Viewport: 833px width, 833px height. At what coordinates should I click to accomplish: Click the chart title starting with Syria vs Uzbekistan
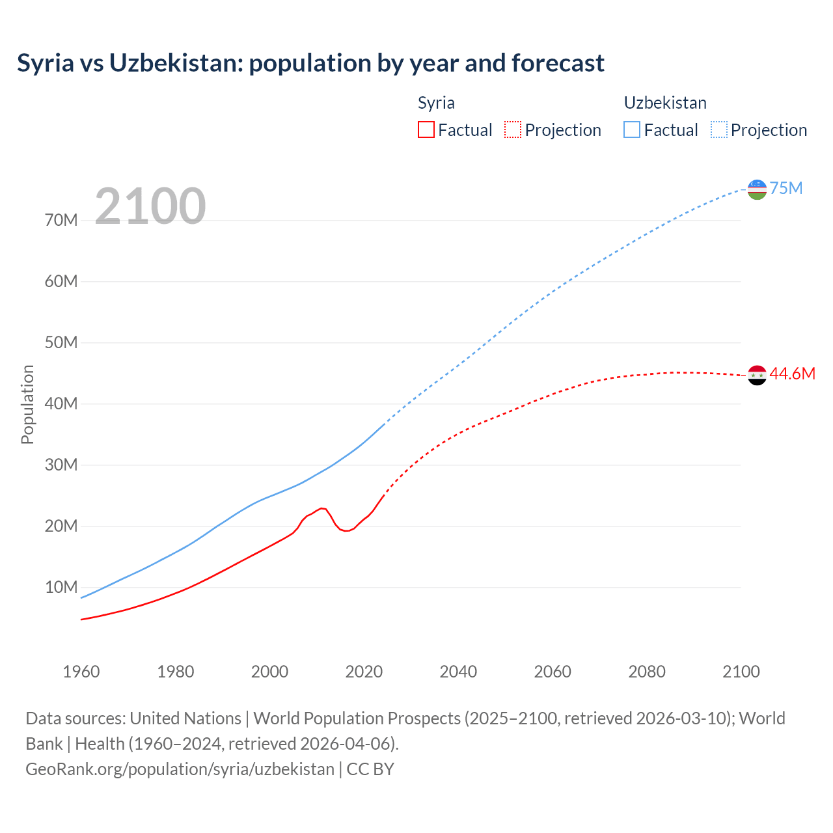coord(310,63)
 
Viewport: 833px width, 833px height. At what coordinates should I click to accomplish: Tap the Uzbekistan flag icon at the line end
coord(757,189)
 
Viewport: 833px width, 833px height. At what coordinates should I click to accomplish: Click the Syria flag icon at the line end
coord(757,375)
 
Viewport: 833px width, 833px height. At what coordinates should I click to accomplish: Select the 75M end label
coord(786,188)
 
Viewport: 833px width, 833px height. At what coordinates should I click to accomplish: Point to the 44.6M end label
coord(792,374)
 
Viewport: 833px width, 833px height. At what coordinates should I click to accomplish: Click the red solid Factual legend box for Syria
coord(426,130)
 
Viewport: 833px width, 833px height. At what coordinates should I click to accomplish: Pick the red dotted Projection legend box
coord(513,130)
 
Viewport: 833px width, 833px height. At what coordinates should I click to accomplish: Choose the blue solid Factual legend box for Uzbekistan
coord(631,130)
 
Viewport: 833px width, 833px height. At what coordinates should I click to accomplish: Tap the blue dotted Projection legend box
coord(718,130)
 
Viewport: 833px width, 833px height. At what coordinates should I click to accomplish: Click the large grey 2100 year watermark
coord(150,206)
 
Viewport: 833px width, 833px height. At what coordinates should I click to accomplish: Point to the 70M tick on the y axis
coord(61,220)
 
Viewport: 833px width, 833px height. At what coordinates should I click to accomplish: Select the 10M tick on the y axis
coord(61,587)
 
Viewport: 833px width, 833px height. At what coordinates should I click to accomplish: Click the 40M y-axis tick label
coord(61,403)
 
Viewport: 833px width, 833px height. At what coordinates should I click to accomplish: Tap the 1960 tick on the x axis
coord(81,672)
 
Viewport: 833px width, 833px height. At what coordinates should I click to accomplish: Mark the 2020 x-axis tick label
coord(364,672)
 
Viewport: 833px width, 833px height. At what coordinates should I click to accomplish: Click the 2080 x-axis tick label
coord(646,672)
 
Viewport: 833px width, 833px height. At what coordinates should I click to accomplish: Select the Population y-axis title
coord(27,404)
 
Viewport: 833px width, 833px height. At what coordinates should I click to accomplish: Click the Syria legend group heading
coord(436,103)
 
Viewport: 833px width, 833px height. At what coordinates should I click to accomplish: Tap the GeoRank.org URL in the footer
coord(180,769)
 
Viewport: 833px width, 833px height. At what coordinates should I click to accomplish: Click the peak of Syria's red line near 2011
coord(321,508)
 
